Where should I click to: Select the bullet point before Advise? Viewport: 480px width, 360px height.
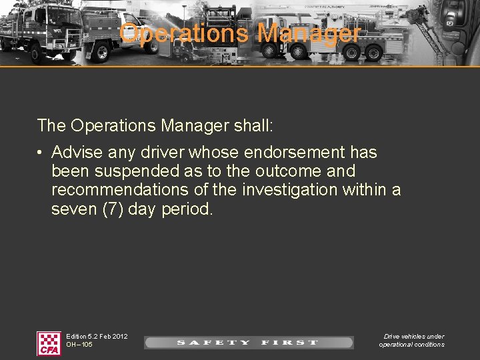point(41,153)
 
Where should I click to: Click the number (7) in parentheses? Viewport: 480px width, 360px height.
point(111,209)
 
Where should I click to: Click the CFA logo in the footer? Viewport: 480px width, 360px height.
point(49,343)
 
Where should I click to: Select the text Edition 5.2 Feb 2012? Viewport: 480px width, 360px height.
point(97,336)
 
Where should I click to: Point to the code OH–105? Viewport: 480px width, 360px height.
point(79,345)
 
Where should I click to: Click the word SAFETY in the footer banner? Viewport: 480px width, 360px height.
point(213,343)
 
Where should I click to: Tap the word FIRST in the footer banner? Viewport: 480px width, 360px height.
point(289,343)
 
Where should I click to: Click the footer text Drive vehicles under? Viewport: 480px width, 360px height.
point(413,336)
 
